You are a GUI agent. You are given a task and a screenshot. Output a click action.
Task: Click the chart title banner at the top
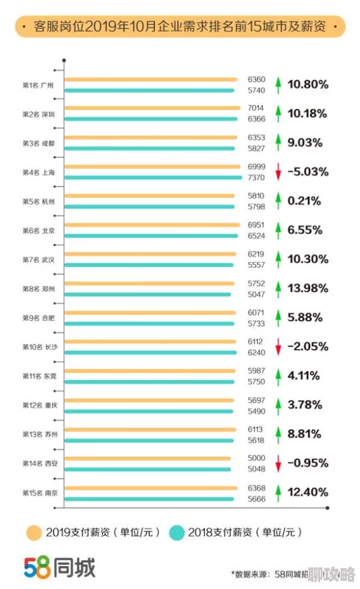click(179, 27)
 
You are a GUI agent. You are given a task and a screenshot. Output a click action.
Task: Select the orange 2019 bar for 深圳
click(152, 108)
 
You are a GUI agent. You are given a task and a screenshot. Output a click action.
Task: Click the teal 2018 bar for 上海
click(154, 177)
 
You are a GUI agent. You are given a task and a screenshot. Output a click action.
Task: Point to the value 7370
click(257, 177)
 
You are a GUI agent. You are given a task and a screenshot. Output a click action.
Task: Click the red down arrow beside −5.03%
click(277, 172)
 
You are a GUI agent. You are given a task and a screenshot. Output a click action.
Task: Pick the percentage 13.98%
click(307, 288)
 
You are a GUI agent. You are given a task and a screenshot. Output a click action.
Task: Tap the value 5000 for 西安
click(257, 458)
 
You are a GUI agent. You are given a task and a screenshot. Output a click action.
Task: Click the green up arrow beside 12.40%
click(277, 493)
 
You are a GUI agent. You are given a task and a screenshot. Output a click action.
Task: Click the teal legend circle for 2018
click(176, 532)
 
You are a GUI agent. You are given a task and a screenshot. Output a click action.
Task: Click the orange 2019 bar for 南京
click(152, 487)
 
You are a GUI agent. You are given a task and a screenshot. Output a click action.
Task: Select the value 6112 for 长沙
click(257, 341)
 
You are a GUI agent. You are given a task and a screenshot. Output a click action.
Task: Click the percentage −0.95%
click(307, 463)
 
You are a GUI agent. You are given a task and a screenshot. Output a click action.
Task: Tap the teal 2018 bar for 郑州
click(148, 294)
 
